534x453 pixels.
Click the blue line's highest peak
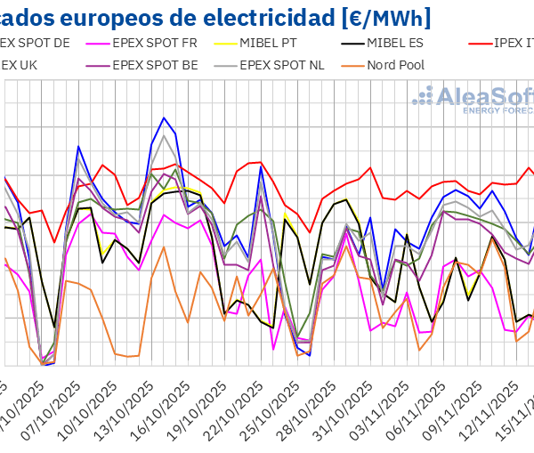point(164,117)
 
